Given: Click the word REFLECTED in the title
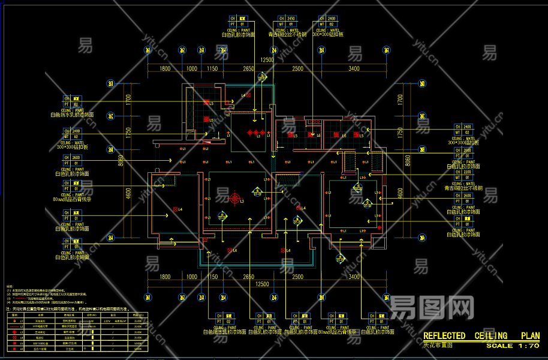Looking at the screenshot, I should point(444,336).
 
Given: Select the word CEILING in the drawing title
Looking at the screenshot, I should point(490,336).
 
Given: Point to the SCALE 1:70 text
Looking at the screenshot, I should point(513,346).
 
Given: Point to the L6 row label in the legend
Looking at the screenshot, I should point(22,348).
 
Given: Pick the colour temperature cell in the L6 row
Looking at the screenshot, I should point(138,348).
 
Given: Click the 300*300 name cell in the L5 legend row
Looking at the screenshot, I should point(41,343).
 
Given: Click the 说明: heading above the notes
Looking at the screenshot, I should point(10,287).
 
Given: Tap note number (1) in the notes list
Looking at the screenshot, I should point(8,291).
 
